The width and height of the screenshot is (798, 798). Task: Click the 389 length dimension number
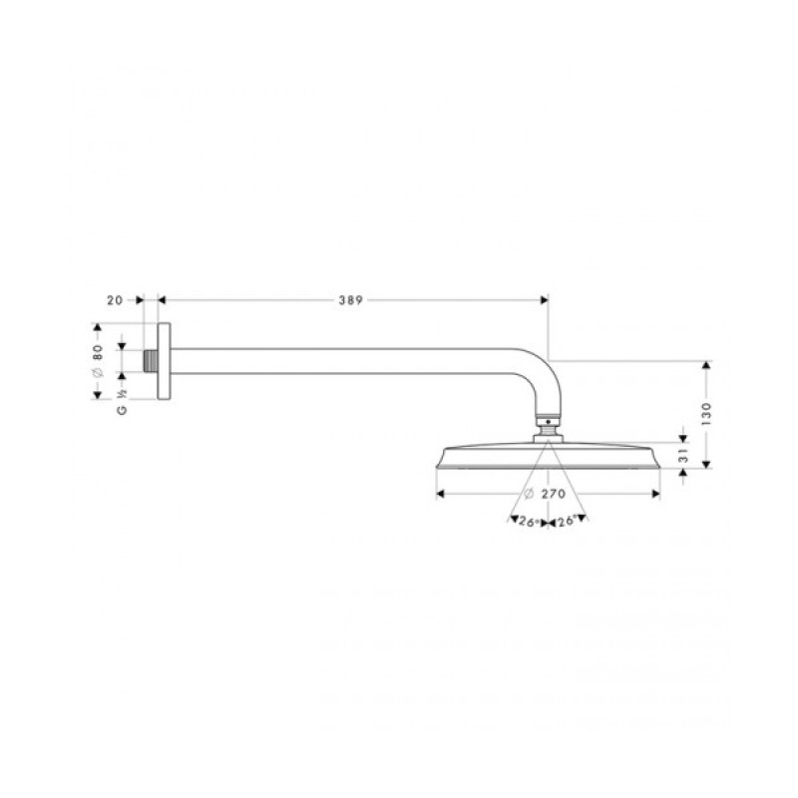point(349,297)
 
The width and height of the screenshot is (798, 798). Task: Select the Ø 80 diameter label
point(98,360)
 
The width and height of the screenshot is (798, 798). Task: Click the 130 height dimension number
point(706,413)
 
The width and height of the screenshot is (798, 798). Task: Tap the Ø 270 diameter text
point(548,493)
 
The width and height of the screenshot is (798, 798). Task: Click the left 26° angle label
point(528,521)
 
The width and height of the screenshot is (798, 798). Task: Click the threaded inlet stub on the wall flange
point(151,360)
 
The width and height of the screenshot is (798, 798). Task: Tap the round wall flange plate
point(166,361)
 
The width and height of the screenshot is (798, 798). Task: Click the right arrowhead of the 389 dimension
point(544,297)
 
